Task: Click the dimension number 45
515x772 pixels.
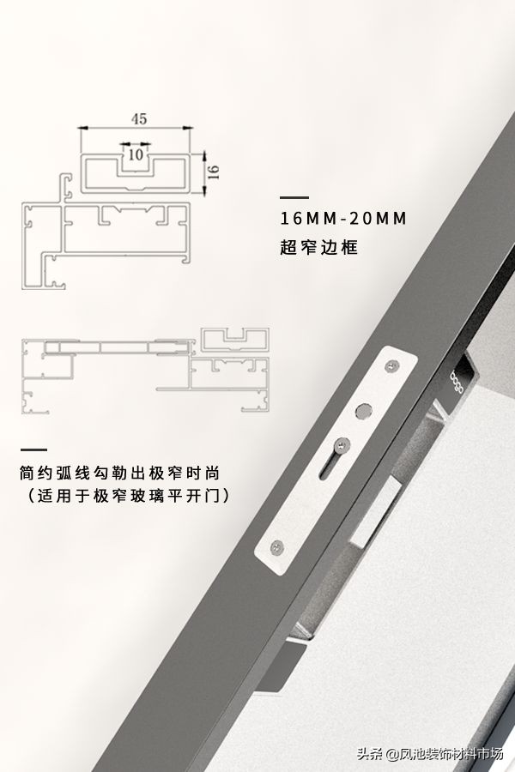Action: [137, 119]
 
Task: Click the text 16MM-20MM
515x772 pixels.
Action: [343, 218]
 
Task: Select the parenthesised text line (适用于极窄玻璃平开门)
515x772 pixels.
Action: [128, 496]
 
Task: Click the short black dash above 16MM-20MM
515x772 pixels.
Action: [294, 197]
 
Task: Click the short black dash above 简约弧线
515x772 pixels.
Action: [34, 449]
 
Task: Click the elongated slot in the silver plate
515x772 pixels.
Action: [331, 467]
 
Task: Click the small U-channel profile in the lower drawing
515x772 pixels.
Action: [233, 338]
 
